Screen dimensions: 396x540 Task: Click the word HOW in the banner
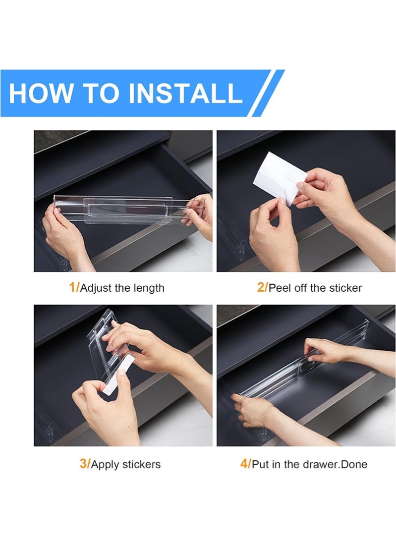coord(41,93)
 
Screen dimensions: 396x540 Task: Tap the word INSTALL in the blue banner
coord(185,93)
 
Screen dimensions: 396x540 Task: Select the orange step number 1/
coord(74,287)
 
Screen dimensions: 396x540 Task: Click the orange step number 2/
coord(262,287)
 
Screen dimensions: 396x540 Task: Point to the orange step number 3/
coord(85,464)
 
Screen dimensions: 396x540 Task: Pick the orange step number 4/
coord(245,464)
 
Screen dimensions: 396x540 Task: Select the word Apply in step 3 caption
coord(105,465)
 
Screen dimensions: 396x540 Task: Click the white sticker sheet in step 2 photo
coord(280,179)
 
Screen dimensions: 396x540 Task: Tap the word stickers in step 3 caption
coord(141,464)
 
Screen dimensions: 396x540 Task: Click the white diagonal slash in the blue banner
coord(268,93)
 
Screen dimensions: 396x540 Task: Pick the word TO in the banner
coord(101,93)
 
